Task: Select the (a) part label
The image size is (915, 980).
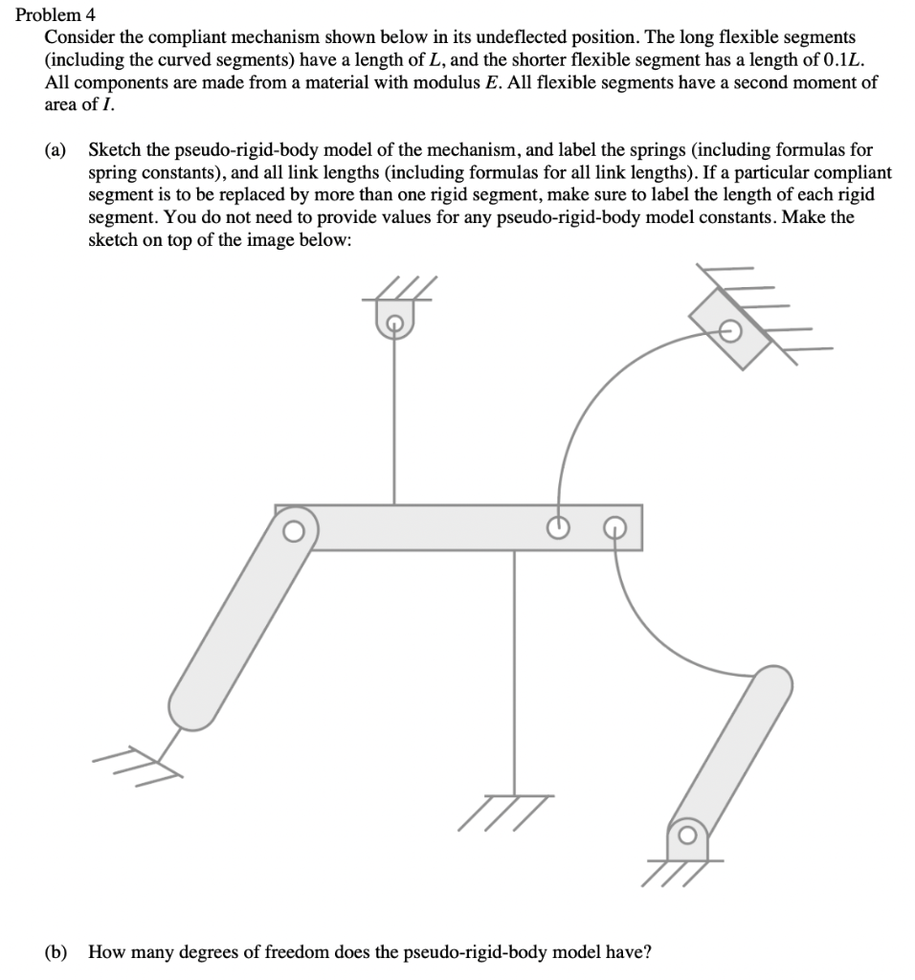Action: point(56,151)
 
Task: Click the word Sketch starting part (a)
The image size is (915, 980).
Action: point(113,151)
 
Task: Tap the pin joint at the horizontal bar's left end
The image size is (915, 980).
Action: point(294,527)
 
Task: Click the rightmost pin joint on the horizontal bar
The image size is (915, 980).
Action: point(615,527)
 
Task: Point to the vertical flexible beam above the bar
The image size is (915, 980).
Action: point(393,421)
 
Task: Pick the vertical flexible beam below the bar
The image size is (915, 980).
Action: point(515,670)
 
